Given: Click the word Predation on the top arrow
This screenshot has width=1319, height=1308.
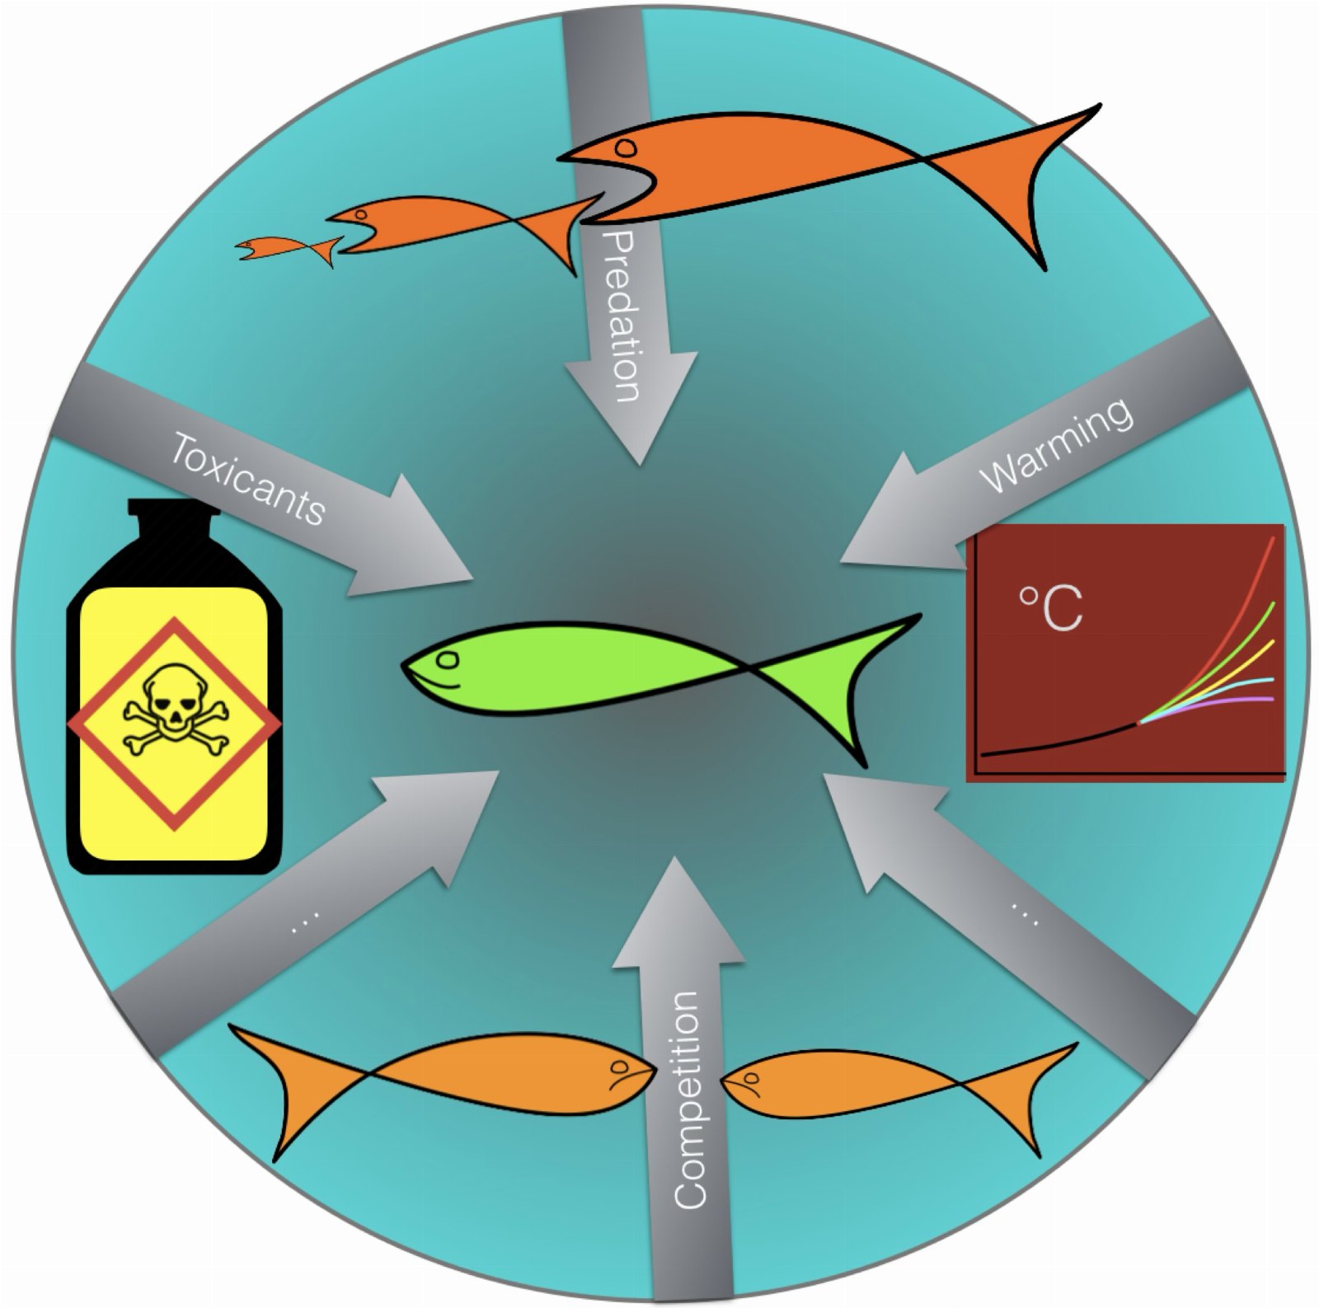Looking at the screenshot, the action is [622, 316].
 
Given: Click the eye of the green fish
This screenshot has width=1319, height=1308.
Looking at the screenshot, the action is [448, 659].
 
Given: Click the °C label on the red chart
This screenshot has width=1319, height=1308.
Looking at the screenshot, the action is [1051, 608].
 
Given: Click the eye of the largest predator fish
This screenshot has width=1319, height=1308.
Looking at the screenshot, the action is [626, 148].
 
